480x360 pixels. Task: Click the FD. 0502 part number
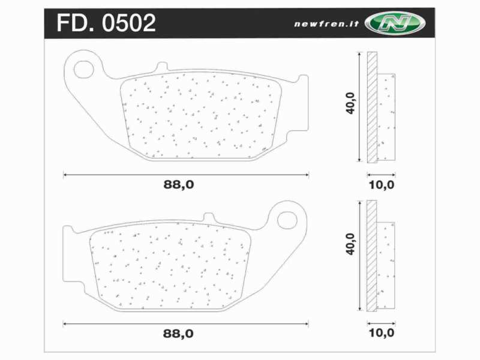pos(106,23)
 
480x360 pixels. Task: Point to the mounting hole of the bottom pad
pos(289,220)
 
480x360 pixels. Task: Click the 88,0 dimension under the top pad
pos(179,185)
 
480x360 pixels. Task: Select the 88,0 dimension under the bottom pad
pos(179,332)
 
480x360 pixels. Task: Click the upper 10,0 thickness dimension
pos(382,185)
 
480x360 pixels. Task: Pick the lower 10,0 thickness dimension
pos(382,332)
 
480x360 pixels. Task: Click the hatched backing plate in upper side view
pos(372,108)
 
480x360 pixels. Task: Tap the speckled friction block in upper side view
pos(387,117)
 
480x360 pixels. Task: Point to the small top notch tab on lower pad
pos(209,217)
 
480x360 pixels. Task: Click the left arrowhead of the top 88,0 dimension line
pos(65,175)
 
